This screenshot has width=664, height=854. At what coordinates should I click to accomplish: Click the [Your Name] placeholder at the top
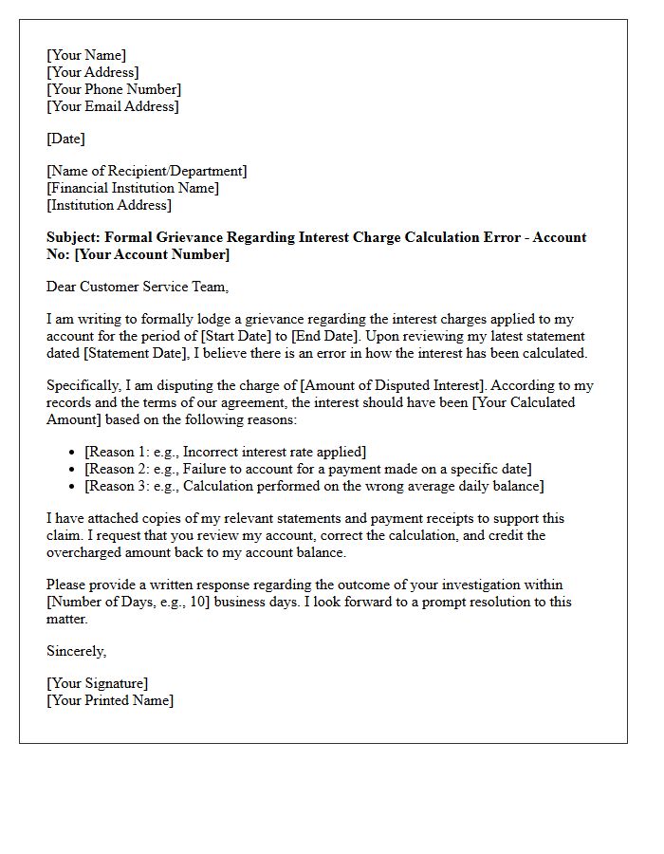86,55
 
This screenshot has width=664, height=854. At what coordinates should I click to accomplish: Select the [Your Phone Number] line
114,89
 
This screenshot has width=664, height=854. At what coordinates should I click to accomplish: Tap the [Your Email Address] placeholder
112,106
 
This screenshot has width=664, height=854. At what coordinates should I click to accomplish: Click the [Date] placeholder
65,139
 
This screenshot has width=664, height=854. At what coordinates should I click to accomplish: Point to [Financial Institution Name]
133,188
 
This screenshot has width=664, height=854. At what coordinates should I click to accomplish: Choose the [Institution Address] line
109,205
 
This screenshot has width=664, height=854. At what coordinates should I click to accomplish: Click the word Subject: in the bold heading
74,237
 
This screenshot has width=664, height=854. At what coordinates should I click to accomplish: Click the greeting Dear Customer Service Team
138,287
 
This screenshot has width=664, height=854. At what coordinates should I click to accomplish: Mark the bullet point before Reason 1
73,453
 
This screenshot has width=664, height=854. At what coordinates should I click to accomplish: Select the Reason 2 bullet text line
308,469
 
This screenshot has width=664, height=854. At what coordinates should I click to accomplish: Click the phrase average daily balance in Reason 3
454,486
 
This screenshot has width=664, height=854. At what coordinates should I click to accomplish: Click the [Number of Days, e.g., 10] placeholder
134,602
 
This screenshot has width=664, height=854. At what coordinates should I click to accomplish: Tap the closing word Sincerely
76,651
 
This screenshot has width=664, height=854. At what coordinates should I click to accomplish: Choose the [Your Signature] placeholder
98,683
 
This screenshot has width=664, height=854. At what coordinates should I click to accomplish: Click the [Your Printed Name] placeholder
110,700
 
